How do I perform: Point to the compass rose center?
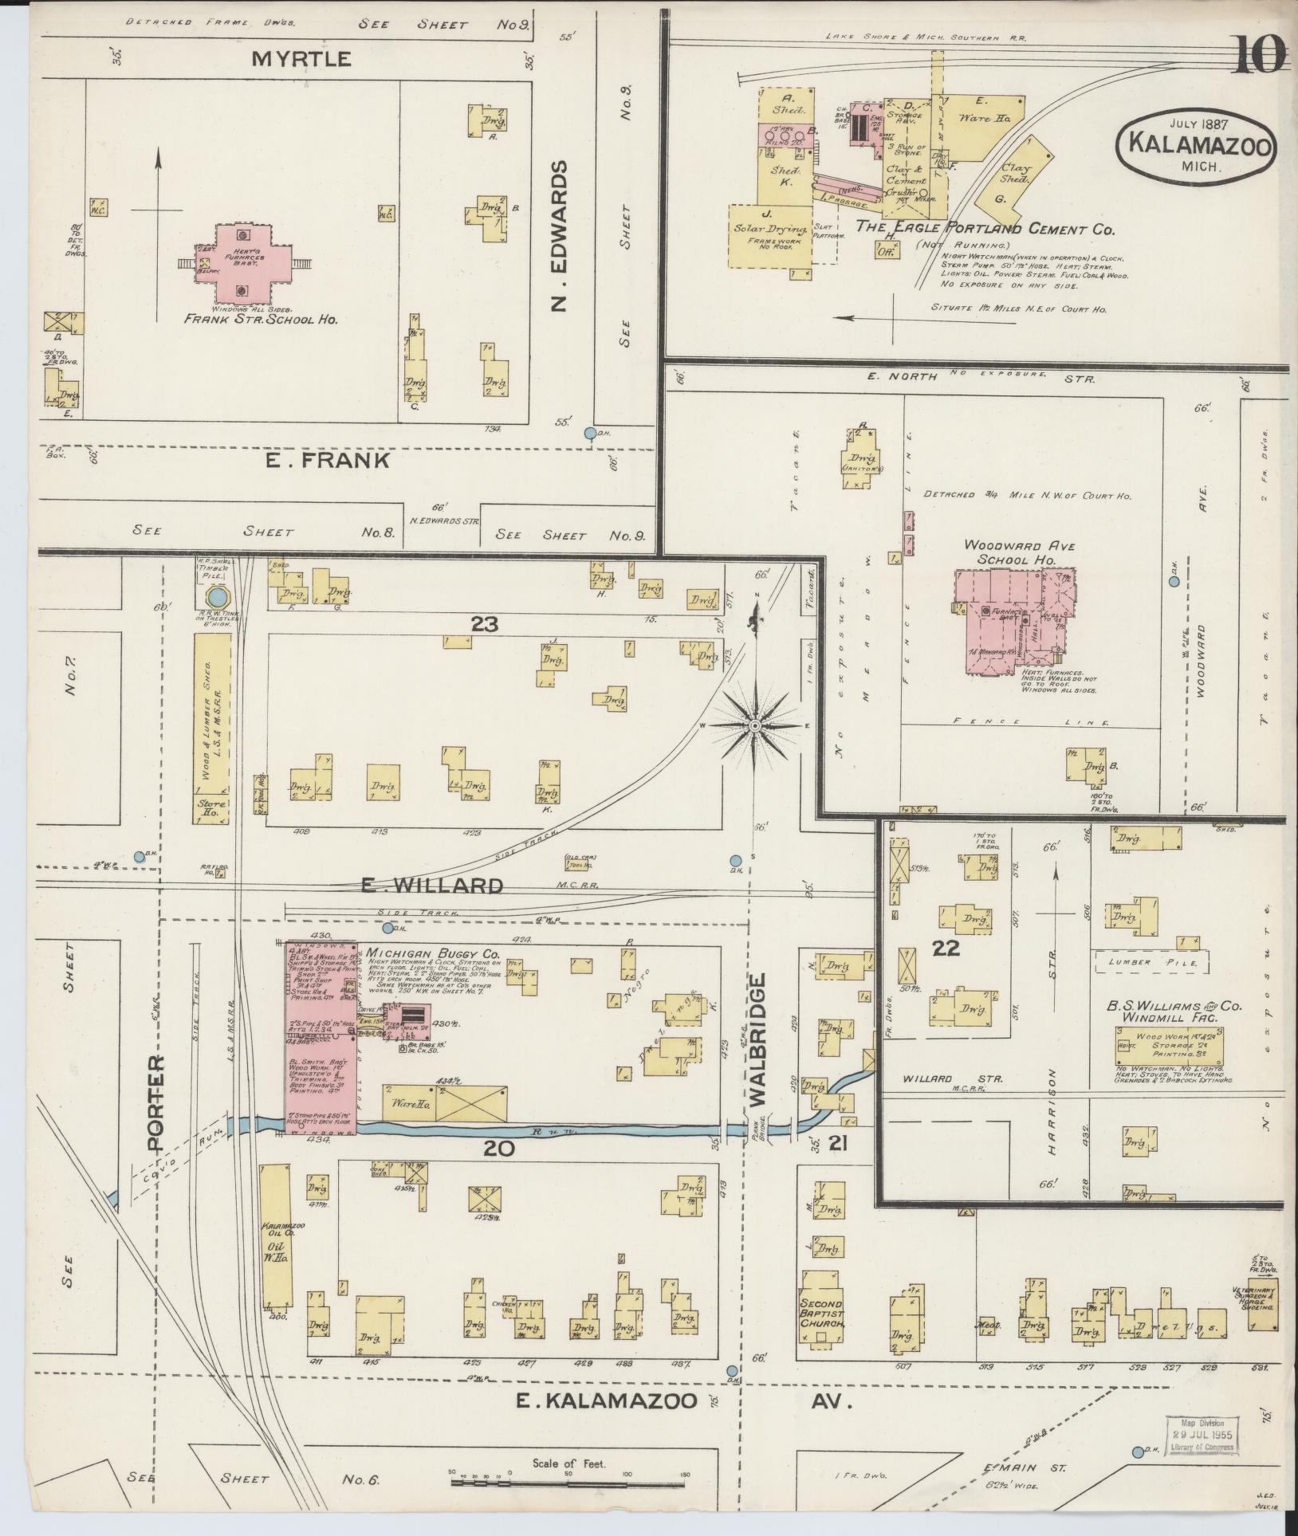pyautogui.click(x=754, y=725)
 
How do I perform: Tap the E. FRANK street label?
pyautogui.click(x=327, y=460)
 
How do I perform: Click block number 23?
pyautogui.click(x=484, y=624)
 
